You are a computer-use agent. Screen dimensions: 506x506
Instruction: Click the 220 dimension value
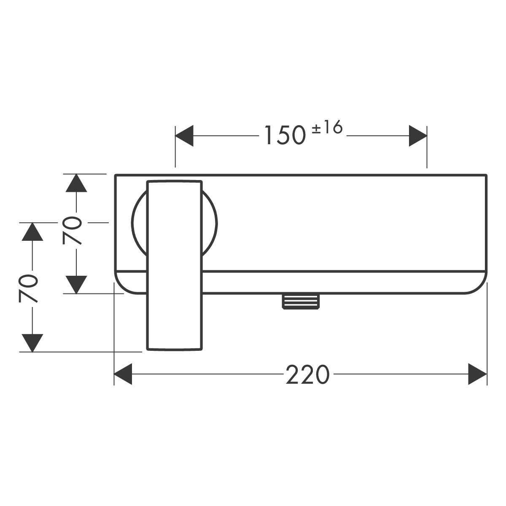click(x=307, y=374)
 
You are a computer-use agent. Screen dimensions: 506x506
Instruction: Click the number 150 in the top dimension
click(x=285, y=135)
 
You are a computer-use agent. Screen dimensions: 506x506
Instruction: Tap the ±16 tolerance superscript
click(x=327, y=127)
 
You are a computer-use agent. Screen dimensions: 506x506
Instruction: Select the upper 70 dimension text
click(x=71, y=230)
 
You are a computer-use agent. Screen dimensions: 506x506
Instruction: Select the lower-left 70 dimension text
click(x=28, y=288)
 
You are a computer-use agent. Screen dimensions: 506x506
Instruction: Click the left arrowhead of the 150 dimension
click(x=184, y=136)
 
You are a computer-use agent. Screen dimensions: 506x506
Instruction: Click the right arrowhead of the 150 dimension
click(x=418, y=136)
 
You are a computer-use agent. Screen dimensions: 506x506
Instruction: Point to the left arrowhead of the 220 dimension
click(x=123, y=374)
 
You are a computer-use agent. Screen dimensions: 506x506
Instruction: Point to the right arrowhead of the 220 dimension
click(x=478, y=374)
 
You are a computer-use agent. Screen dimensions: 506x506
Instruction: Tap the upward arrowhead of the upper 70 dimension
click(x=76, y=183)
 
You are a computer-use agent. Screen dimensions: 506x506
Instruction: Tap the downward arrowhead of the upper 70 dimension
click(x=76, y=285)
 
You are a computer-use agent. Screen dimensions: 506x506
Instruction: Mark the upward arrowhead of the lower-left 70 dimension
click(x=32, y=231)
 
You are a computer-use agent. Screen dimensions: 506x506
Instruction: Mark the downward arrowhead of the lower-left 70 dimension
click(x=32, y=343)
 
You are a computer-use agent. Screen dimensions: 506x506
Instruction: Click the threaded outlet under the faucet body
click(x=301, y=301)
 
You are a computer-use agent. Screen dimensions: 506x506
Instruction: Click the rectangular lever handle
click(x=175, y=265)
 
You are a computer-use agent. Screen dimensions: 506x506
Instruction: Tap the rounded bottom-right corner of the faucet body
click(x=481, y=288)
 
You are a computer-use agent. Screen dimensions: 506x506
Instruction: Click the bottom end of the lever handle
click(x=175, y=350)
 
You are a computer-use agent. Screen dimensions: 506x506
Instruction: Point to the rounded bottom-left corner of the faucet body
click(x=121, y=288)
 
